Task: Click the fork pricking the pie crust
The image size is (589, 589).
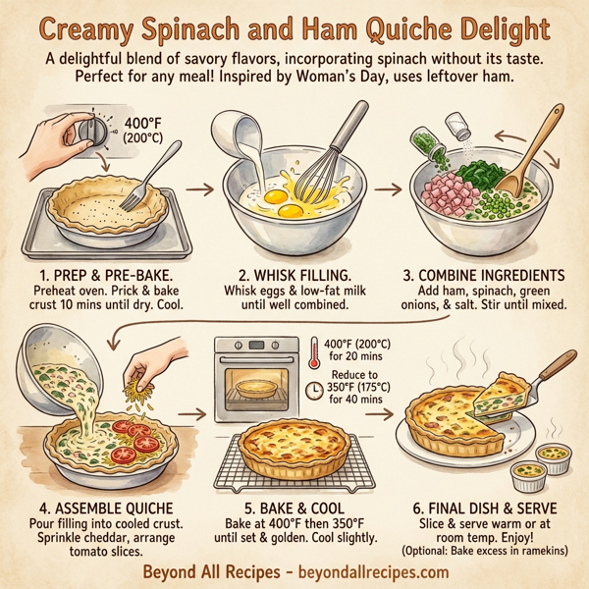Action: click(158, 173)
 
